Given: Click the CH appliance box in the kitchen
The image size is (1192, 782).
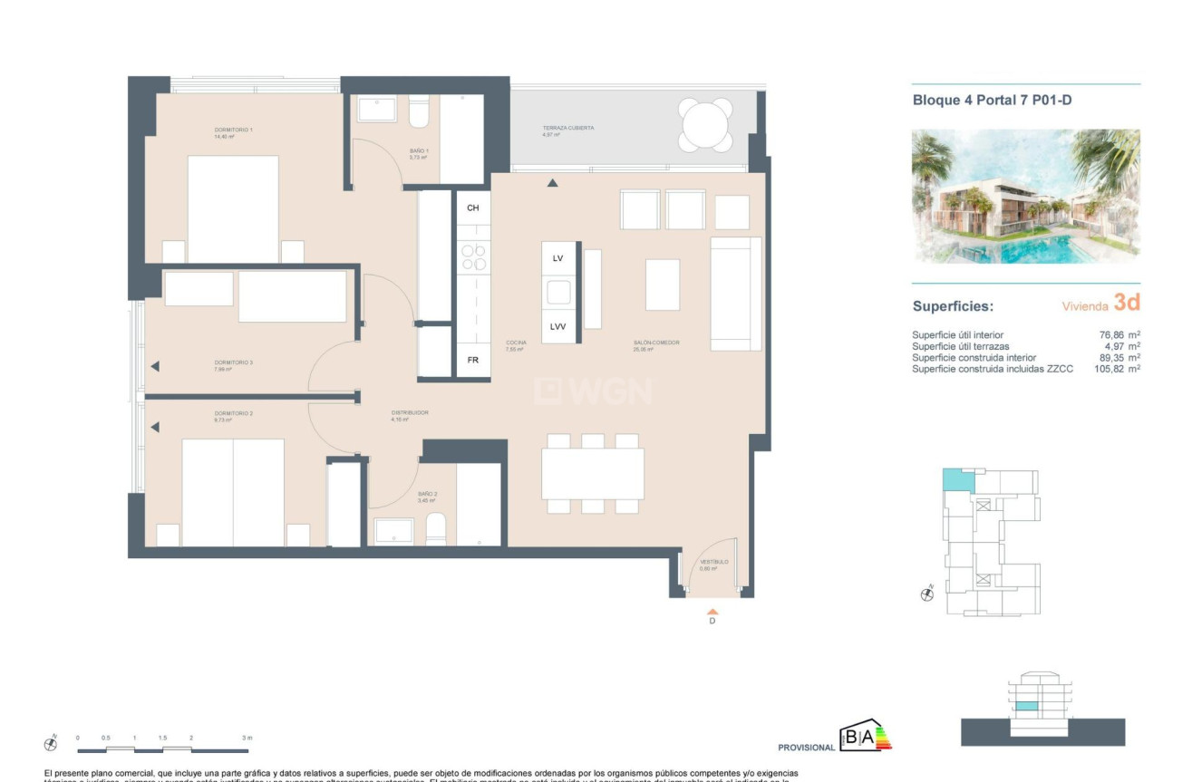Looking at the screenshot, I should click(472, 208).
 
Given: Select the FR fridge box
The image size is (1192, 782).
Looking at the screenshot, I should click(472, 360).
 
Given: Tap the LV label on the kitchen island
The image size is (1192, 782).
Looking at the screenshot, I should click(557, 258).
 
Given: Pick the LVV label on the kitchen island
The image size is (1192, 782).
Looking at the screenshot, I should click(557, 327).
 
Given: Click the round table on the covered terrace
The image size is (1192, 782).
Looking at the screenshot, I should click(706, 126).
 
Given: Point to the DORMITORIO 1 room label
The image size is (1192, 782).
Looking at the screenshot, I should click(233, 130).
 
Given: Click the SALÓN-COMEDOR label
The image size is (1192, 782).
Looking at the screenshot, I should click(656, 343).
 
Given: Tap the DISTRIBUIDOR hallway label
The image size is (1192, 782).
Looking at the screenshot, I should click(409, 413).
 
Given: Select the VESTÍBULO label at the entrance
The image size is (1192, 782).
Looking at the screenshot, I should click(713, 563).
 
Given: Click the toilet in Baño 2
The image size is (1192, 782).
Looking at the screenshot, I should click(436, 529).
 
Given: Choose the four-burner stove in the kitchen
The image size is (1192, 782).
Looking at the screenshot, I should click(472, 256).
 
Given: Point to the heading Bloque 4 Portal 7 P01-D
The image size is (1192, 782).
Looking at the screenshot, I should click(992, 101).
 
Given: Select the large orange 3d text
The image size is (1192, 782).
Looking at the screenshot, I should click(1126, 303).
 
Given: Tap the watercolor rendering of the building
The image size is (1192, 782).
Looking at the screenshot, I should click(1025, 196).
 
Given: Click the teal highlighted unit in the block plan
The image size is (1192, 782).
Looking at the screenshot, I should click(955, 480).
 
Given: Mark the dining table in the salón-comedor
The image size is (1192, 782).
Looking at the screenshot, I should click(592, 474).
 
